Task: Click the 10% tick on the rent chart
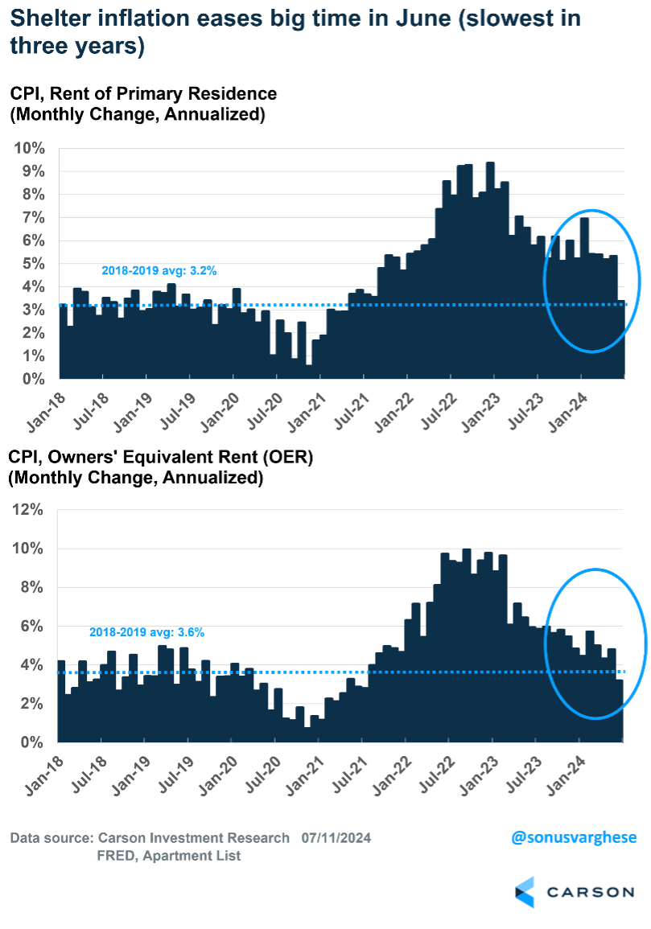pos(29,149)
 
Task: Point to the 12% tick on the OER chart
pos(29,509)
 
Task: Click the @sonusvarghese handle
pos(574,837)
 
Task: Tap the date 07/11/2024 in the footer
pos(336,838)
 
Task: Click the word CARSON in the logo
pos(591,892)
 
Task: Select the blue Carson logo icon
pos(525,892)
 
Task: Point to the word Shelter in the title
pos(46,19)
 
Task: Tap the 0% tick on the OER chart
pos(32,742)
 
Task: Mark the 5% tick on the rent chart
pos(32,264)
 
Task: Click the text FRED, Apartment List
pos(169,856)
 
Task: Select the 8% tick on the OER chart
pos(32,587)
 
